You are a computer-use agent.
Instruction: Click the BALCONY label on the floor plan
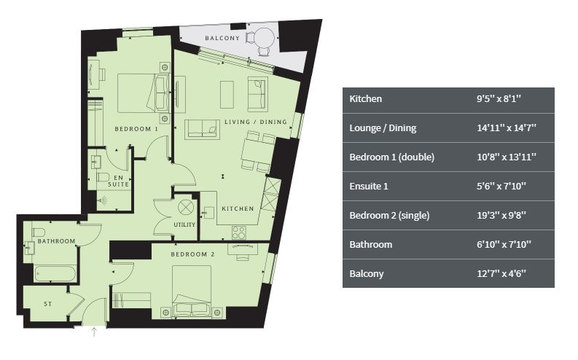tap(222, 39)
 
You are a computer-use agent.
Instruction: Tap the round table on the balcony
tap(265, 37)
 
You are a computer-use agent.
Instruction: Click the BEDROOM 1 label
tap(136, 129)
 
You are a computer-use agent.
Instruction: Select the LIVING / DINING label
tap(255, 122)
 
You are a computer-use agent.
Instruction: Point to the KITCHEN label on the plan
tap(238, 208)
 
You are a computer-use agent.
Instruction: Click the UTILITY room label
tap(184, 224)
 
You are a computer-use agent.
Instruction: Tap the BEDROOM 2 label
tap(192, 254)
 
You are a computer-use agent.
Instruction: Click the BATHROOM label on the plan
tap(56, 241)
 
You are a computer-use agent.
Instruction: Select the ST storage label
tap(48, 304)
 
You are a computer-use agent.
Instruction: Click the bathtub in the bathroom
tap(55, 274)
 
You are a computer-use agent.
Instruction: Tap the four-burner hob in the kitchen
tap(239, 233)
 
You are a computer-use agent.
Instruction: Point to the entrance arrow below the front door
tap(94, 332)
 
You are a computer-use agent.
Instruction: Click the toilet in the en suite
tap(104, 177)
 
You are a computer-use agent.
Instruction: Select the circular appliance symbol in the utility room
tap(186, 207)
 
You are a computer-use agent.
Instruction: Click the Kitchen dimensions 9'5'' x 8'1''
tap(499, 99)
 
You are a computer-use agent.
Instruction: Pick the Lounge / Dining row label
tap(383, 128)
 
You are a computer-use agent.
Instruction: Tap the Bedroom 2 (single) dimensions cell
tap(501, 215)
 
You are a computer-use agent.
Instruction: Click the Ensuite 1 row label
tap(369, 186)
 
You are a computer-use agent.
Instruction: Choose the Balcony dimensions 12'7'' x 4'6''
tap(501, 274)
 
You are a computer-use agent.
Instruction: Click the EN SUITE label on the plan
tap(118, 181)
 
